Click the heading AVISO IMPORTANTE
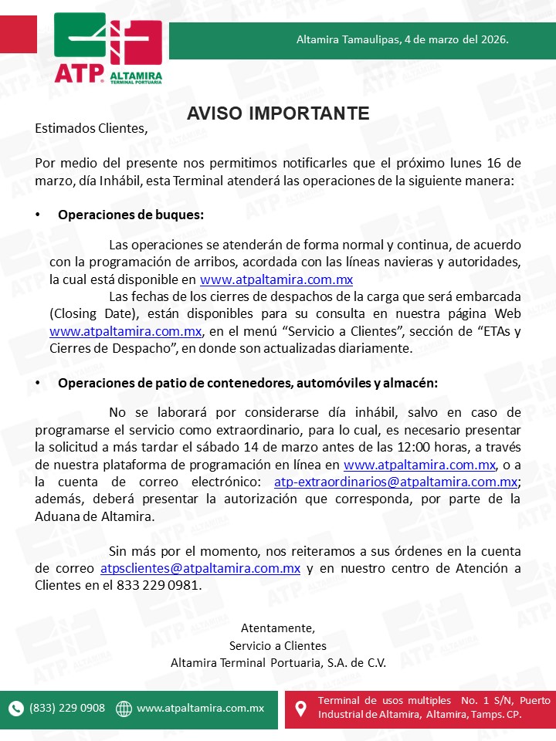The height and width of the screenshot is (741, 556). pos(278,113)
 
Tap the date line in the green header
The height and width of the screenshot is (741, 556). pos(402,39)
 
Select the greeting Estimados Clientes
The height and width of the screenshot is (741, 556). pos(90,128)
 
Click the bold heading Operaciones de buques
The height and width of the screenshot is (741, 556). pos(131,215)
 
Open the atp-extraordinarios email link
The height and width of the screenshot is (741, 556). pos(395,482)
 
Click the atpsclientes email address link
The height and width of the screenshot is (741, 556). pos(200,568)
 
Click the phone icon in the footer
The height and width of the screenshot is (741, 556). pos(16,709)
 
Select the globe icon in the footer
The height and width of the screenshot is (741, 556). pos(124,709)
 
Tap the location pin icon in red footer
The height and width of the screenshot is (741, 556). pos(302,708)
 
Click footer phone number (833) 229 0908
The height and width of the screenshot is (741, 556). pos(67,708)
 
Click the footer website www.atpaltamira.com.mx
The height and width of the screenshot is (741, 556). pos(200,708)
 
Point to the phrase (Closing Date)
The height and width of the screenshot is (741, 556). pos(85,313)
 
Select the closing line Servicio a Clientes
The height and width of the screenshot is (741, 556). pos(278,645)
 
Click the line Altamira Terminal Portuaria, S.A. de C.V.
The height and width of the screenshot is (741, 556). pos(278,663)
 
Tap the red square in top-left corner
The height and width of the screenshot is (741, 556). pos(19,36)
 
